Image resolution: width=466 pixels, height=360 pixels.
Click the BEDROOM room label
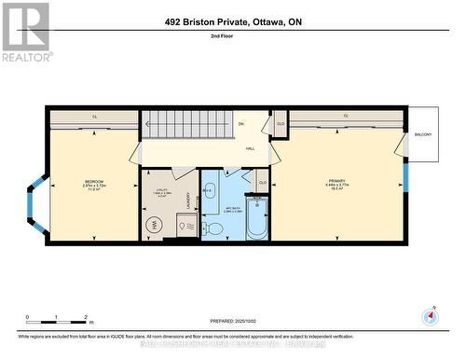point(93,181)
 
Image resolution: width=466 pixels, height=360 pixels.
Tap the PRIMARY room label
point(336,181)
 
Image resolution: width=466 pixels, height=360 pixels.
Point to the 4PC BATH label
point(232,209)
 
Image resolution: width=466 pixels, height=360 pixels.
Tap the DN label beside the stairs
point(240,124)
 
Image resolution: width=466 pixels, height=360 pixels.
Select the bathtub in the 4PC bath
point(256,216)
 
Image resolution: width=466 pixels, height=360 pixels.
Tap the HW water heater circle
point(154,224)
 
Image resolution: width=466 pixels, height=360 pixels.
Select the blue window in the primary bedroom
point(404,175)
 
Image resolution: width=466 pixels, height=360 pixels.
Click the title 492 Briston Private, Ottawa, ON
point(232,21)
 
